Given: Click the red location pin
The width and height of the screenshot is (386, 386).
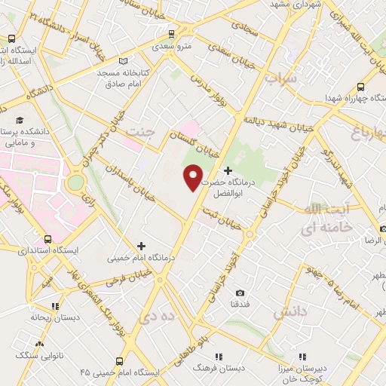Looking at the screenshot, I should pos(194,176).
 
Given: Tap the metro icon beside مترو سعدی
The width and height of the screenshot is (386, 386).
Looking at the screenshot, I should pos(171,34).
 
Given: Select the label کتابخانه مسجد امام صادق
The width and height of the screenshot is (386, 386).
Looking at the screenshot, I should pos(128,78).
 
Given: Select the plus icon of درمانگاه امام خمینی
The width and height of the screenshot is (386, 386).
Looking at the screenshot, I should pos(141,246).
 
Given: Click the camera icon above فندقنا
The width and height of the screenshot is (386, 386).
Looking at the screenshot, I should pos(240,293).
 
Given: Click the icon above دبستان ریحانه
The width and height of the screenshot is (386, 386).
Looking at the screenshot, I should pos(54,306).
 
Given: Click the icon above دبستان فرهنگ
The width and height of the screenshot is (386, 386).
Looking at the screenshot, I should pos(218,356).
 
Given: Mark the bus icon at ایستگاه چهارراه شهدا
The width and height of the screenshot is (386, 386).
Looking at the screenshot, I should pos(361,87).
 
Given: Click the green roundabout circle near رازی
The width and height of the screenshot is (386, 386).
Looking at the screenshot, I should pos(75,183).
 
